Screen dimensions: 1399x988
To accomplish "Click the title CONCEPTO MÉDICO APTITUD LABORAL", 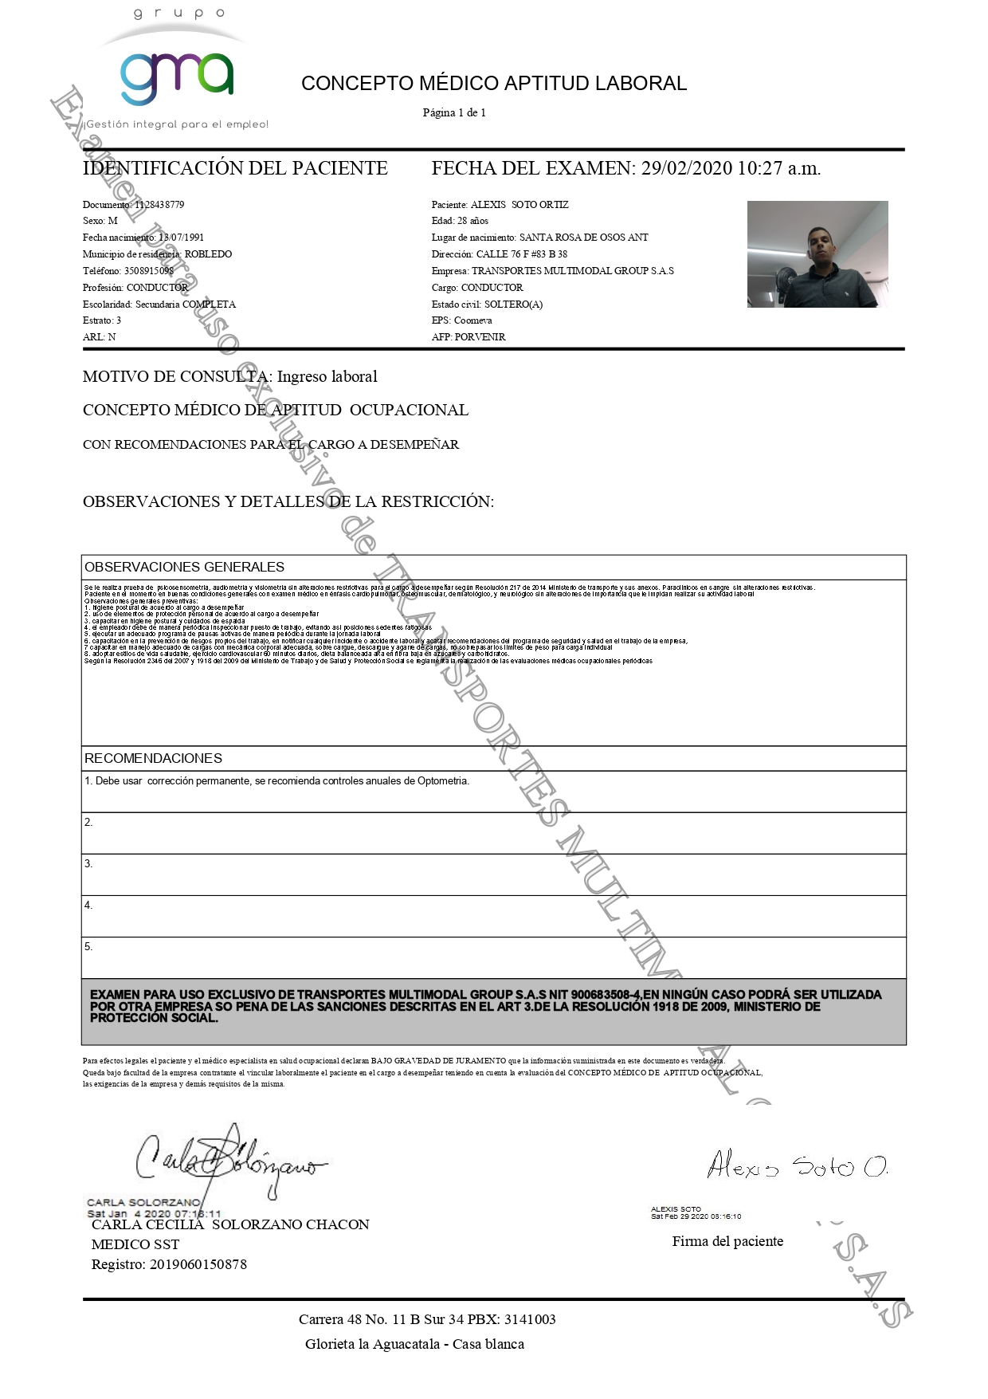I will click(x=493, y=84).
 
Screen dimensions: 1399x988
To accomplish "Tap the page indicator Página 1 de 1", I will click(x=453, y=113).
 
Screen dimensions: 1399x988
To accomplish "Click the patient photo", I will click(x=817, y=254).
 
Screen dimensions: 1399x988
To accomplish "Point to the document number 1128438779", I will click(x=159, y=205).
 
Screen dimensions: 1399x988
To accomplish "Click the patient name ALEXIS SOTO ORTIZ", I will click(x=519, y=205).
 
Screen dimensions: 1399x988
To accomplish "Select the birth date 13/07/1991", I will click(x=181, y=238).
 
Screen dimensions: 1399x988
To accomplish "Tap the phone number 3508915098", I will click(x=149, y=271).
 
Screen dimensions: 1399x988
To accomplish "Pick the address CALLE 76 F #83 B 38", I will click(x=522, y=254).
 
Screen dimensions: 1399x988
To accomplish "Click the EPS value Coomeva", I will click(x=473, y=320).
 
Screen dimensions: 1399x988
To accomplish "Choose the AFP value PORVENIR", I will click(x=480, y=337).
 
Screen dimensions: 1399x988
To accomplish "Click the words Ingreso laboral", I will click(x=327, y=377).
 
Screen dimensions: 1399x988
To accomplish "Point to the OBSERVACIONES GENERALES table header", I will click(x=184, y=568).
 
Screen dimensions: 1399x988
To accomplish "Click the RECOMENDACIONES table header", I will click(x=153, y=759).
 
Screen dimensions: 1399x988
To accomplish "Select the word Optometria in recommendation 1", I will click(x=443, y=781).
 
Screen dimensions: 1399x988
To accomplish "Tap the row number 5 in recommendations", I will click(x=88, y=947).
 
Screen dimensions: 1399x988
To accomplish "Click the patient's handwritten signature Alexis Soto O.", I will click(x=797, y=1166).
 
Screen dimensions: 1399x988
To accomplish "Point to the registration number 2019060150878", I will click(x=198, y=1264).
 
